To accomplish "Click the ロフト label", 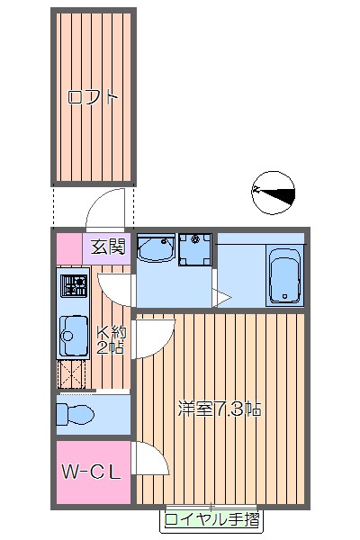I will tap(94, 97).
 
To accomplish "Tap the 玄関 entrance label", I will tap(107, 247).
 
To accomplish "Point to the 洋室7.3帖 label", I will tap(220, 409).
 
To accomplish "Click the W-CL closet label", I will tap(91, 472).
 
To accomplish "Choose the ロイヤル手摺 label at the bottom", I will tap(213, 519).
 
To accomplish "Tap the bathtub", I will tap(285, 276).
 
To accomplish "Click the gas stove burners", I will tap(74, 287).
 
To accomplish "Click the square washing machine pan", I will tap(193, 250).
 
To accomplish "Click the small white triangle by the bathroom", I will tap(220, 299).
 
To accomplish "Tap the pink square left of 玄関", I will tap(69, 247).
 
